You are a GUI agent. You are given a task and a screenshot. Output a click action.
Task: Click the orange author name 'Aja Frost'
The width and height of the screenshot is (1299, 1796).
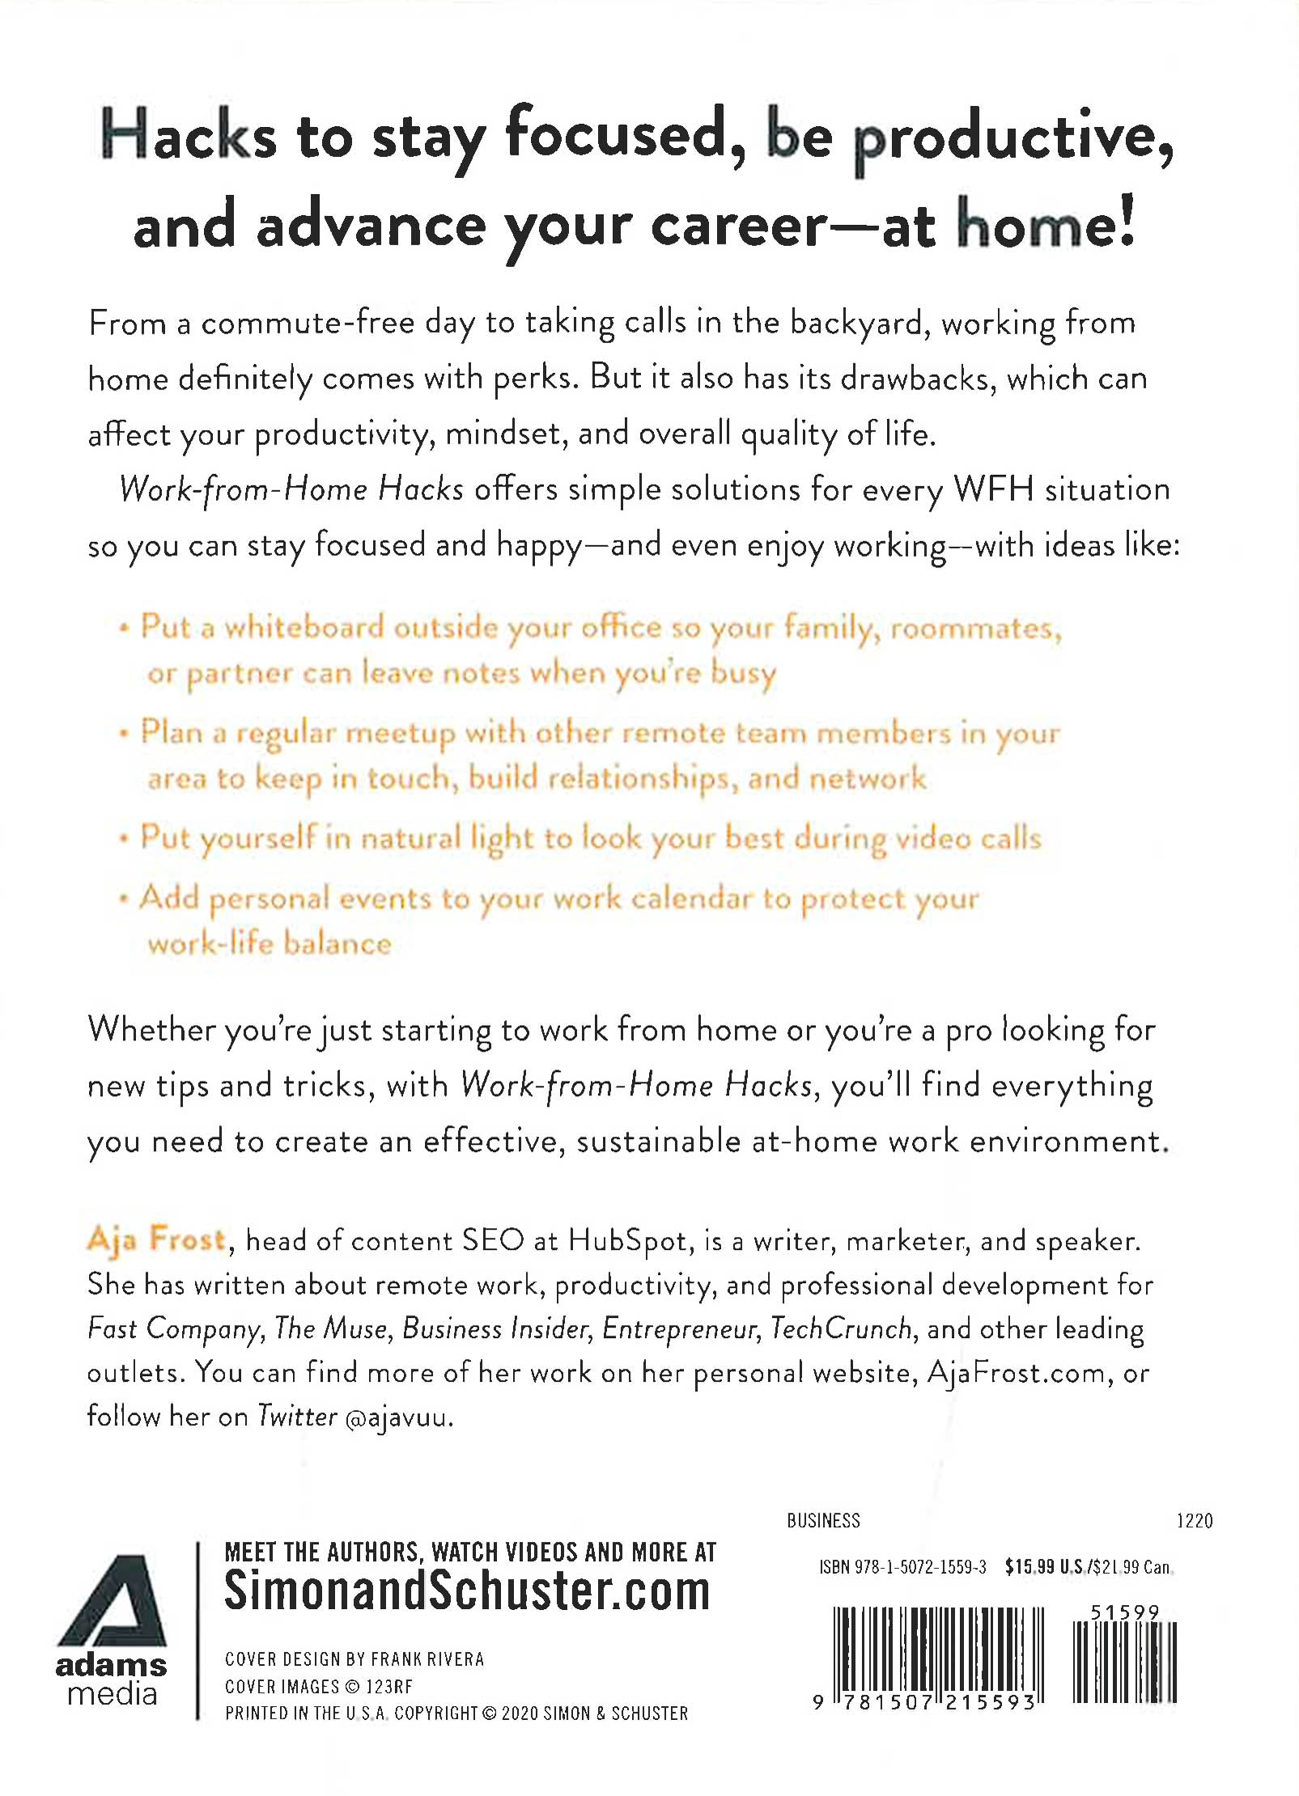point(156,1239)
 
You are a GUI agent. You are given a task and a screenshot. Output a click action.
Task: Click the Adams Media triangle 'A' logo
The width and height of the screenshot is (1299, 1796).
point(112,1601)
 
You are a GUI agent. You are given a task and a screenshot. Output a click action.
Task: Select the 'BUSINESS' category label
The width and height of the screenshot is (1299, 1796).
point(823,1521)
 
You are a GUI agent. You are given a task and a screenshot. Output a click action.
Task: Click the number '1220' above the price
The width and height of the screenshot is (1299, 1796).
point(1194,1521)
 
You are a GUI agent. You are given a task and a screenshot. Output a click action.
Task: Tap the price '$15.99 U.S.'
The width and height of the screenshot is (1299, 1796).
point(1044,1567)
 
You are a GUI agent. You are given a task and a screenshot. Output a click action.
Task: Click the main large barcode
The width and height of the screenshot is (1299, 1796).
point(938,1654)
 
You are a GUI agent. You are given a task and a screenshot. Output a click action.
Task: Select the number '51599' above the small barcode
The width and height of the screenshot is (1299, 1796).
point(1125,1612)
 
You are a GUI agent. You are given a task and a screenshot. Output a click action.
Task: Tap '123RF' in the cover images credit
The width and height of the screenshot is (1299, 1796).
point(389,1687)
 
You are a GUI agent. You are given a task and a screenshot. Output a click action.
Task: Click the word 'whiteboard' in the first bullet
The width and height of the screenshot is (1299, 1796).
point(304,628)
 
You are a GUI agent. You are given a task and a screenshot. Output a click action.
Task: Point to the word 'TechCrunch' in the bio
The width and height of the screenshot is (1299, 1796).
point(841,1329)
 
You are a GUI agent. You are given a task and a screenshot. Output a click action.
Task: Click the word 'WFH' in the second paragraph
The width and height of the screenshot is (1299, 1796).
point(994,489)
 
